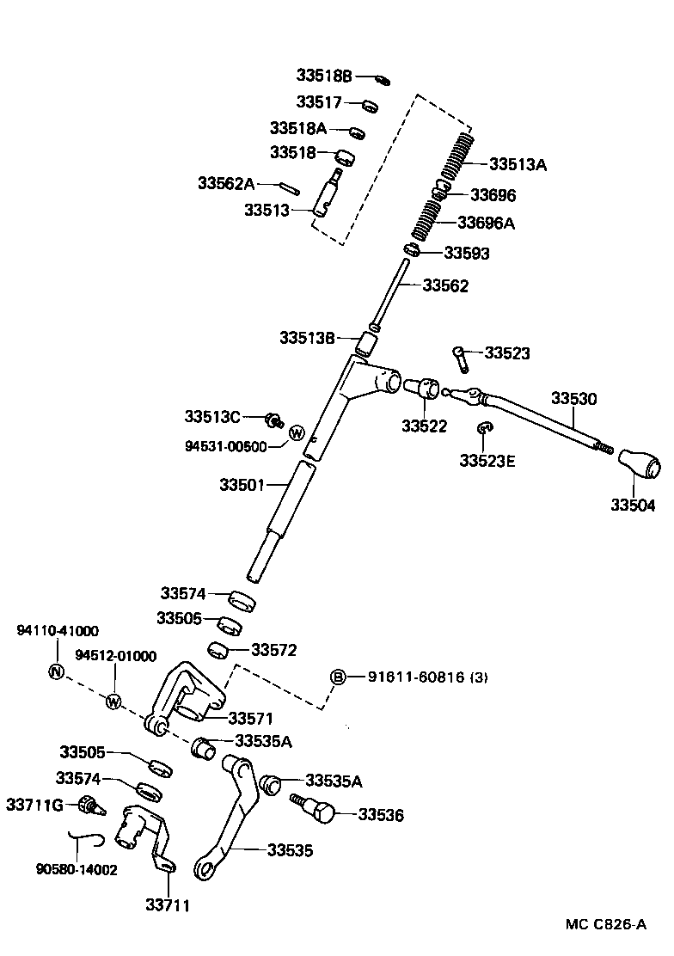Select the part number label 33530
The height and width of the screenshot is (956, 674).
tap(573, 399)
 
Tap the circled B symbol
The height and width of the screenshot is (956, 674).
tap(339, 677)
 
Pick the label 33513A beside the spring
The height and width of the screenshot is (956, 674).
tap(518, 164)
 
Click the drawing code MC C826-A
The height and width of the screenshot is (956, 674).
tap(606, 925)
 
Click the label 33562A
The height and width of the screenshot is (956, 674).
tap(226, 183)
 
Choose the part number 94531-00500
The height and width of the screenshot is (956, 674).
tap(225, 445)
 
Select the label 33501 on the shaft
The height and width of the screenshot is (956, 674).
tap(246, 485)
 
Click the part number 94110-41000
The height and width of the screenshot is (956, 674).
tap(58, 630)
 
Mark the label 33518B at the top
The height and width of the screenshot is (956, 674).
tap(325, 77)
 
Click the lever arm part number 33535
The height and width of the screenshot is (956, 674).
tap(290, 850)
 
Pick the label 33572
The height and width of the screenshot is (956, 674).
tap(274, 651)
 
